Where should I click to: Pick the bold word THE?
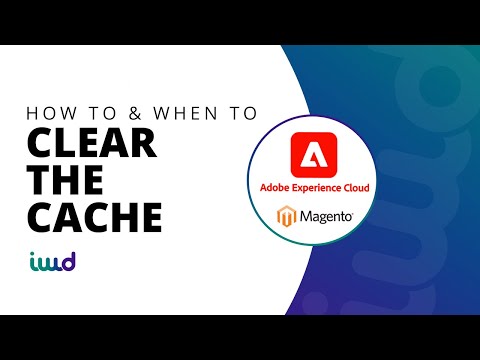tap(62, 180)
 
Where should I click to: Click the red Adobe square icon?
tap(314, 155)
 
